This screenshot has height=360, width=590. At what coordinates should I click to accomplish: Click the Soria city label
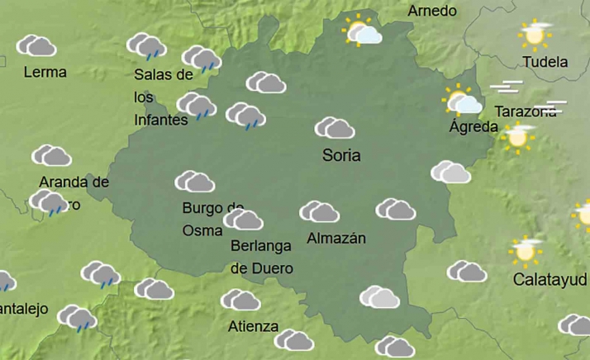[341, 155]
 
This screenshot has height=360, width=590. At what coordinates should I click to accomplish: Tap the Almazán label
[335, 239]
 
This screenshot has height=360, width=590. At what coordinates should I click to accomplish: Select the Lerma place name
[45, 72]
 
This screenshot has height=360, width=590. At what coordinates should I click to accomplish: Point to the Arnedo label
[432, 11]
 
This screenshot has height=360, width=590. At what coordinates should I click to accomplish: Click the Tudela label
[545, 62]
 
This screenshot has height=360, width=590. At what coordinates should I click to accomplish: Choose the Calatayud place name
[550, 279]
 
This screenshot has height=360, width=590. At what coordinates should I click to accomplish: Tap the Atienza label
[253, 325]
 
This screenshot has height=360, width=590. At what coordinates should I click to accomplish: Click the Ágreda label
[473, 127]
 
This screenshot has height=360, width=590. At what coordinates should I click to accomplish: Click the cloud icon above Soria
[335, 128]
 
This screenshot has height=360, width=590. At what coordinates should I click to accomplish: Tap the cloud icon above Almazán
[319, 212]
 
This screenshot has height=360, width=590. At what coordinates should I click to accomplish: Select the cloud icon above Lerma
[36, 45]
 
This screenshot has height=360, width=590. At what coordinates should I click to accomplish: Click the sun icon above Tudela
[535, 35]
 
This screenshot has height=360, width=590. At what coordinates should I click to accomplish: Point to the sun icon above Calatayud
[526, 249]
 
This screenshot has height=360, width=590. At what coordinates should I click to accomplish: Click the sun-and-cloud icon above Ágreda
[463, 101]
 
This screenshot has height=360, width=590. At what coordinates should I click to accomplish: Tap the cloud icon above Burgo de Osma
[195, 182]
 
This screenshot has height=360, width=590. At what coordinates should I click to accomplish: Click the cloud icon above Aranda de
[51, 155]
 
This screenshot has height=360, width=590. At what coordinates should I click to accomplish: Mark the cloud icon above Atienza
[240, 300]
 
